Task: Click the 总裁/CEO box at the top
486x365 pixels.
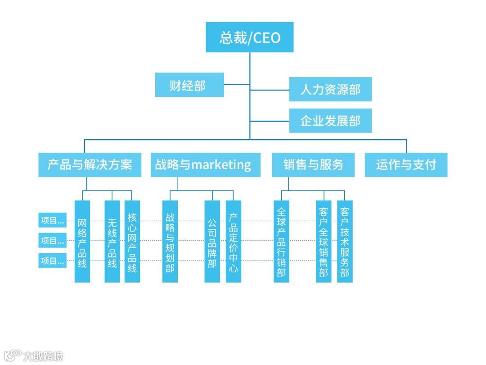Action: (x=250, y=37)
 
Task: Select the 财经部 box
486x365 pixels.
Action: (x=189, y=85)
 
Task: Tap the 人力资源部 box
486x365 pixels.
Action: (x=330, y=89)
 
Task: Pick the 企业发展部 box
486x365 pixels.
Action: (x=330, y=121)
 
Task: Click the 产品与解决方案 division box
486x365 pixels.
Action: (x=90, y=164)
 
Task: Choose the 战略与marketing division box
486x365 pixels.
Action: (x=206, y=164)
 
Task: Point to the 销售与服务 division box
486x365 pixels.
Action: (x=313, y=164)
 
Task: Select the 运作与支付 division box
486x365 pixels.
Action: (x=406, y=164)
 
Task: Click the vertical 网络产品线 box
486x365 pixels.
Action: (x=82, y=242)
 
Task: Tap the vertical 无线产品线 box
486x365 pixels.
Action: (x=112, y=242)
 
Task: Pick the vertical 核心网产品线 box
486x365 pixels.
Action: (x=132, y=242)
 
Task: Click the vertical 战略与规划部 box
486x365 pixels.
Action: (x=170, y=242)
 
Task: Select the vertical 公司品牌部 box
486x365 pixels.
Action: (x=212, y=242)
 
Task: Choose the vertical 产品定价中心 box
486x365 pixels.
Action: (x=234, y=242)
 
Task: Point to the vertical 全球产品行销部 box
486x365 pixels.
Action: (x=281, y=242)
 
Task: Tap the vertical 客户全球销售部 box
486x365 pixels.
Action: (x=324, y=242)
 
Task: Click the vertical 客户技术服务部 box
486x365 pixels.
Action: (x=345, y=242)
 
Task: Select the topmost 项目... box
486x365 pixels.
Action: (x=52, y=220)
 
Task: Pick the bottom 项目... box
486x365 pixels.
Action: (x=52, y=260)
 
